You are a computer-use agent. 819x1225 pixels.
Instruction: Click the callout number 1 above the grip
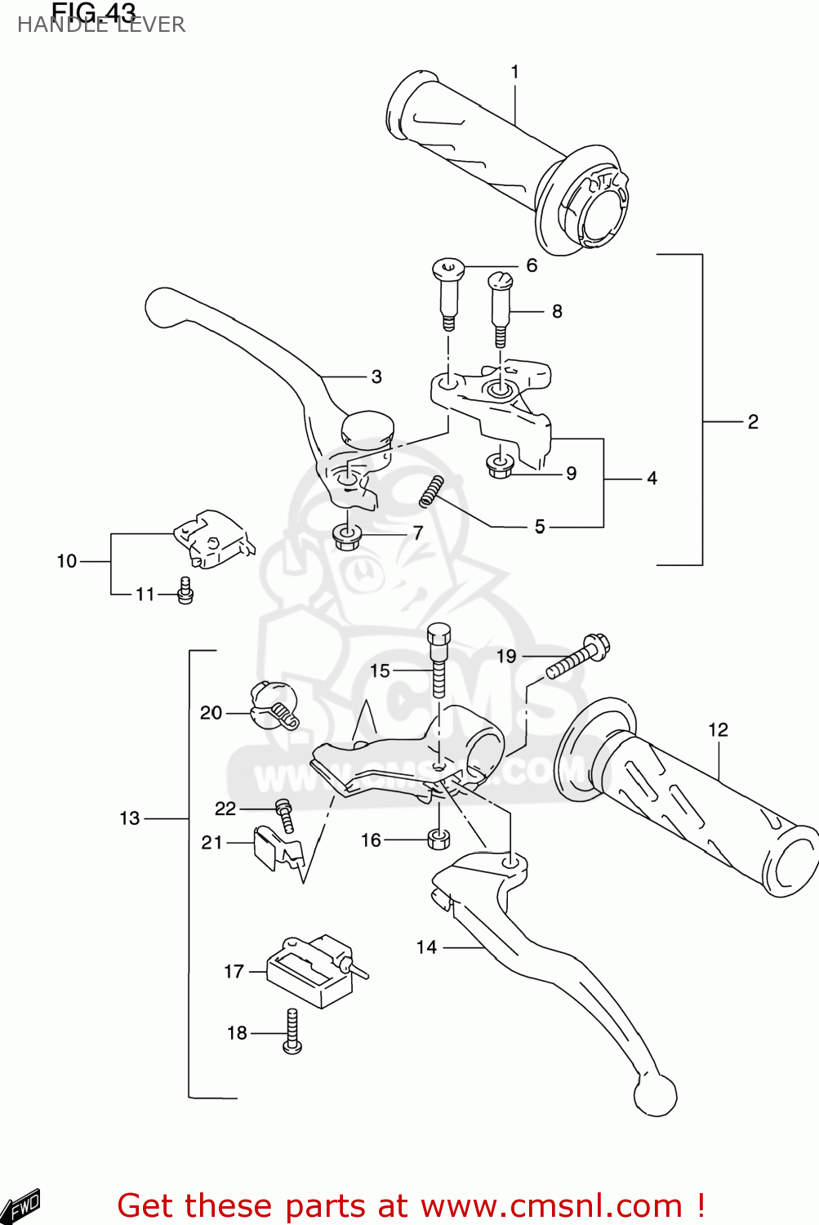click(514, 72)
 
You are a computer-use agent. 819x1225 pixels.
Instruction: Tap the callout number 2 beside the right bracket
click(753, 421)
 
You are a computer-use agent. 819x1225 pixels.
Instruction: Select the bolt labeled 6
click(447, 291)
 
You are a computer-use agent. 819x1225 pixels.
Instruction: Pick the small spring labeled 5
click(430, 491)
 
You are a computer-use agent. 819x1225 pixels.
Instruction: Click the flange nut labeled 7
click(347, 537)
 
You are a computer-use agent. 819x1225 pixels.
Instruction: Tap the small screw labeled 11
click(185, 590)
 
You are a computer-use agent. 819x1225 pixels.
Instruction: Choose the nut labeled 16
click(438, 839)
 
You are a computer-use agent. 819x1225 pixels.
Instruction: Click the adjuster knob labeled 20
click(274, 705)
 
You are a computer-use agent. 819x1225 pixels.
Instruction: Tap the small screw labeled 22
click(284, 814)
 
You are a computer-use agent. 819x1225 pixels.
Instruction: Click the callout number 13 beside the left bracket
click(130, 818)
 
